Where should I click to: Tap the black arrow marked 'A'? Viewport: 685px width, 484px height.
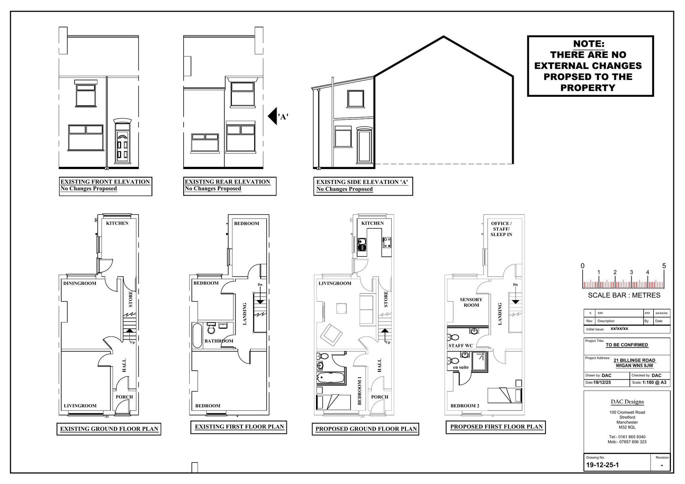[272, 116]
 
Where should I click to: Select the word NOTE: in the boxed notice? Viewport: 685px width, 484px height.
[589, 44]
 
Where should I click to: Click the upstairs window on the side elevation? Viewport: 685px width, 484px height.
[355, 99]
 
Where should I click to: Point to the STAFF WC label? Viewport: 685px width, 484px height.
[461, 346]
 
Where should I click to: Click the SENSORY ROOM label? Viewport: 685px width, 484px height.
[471, 303]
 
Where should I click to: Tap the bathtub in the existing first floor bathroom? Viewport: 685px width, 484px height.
[197, 336]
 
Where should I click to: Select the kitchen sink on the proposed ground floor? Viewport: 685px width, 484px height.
[362, 245]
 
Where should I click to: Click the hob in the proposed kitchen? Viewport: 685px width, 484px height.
[387, 243]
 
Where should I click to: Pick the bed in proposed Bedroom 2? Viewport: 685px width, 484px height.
[505, 395]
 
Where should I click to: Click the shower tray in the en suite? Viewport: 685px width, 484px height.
[479, 362]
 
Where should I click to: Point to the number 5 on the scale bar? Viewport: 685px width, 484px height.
[664, 266]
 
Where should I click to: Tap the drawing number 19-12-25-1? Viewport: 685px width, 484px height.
[602, 465]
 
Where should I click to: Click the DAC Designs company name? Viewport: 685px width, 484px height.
[627, 402]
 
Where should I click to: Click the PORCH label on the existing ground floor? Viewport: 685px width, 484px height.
[124, 397]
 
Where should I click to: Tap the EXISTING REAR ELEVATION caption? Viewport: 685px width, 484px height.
[227, 181]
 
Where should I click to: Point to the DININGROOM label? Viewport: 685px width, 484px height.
[80, 283]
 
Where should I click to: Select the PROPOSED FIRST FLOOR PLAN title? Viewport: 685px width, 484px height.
[496, 427]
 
